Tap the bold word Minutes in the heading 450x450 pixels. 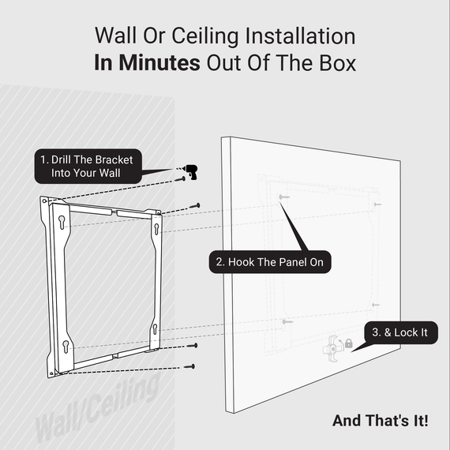tap(159, 64)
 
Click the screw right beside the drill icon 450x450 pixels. tap(182, 178)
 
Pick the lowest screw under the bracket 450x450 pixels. tap(189, 366)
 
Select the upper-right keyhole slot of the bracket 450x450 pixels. tap(156, 229)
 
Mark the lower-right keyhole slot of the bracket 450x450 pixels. tap(155, 329)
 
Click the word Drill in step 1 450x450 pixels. tap(66, 159)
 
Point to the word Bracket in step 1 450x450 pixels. tap(115, 159)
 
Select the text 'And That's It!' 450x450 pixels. tap(381, 420)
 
